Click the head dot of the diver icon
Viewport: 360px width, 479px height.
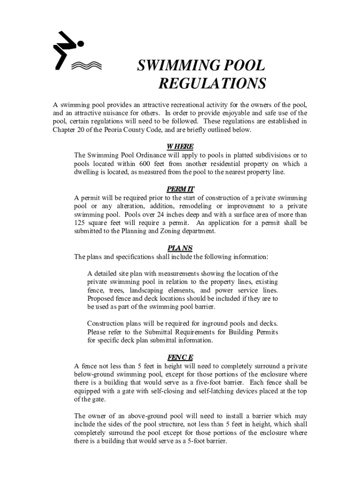[x=80, y=44]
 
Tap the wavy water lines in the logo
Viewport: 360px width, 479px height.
[x=86, y=65]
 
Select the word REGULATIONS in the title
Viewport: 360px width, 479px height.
[x=212, y=84]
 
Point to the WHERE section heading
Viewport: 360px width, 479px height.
[x=180, y=146]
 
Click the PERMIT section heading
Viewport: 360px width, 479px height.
[x=180, y=189]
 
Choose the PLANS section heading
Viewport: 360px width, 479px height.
[x=180, y=248]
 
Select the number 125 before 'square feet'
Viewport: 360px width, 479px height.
[x=82, y=223]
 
